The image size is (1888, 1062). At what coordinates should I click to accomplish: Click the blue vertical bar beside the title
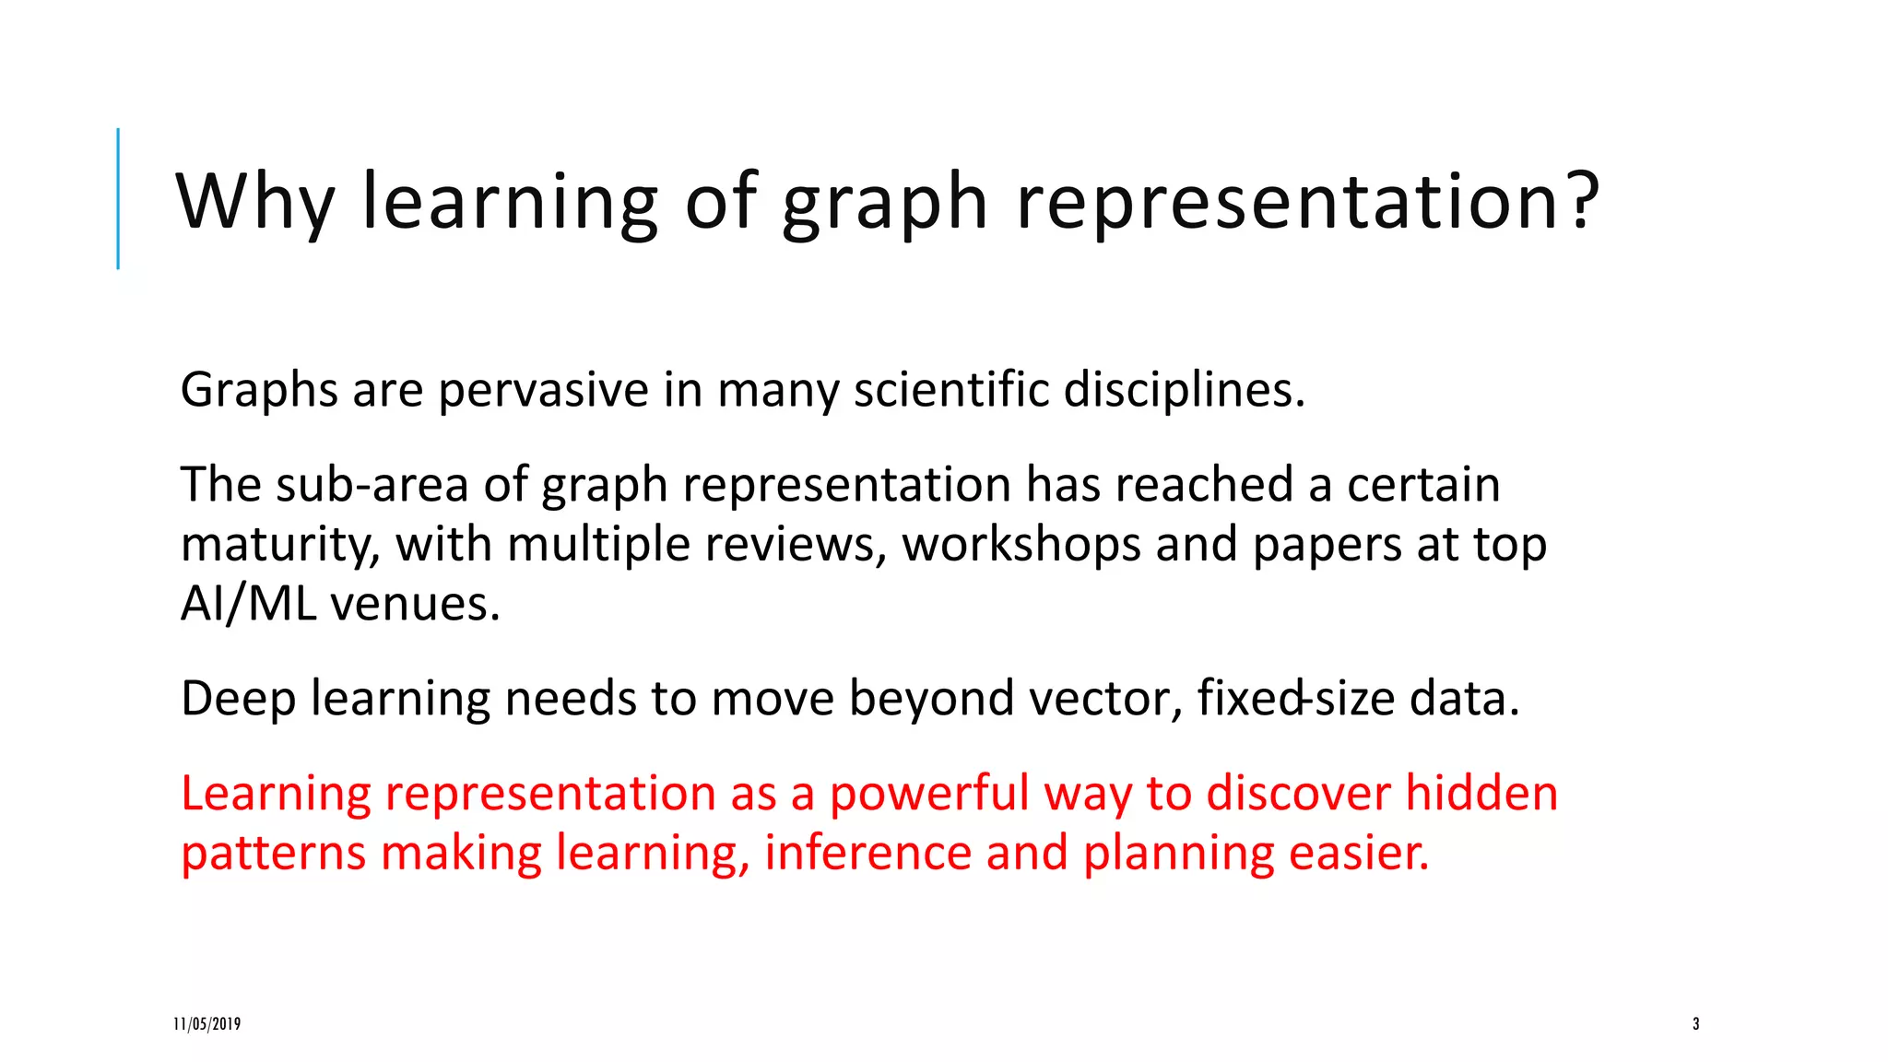[118, 198]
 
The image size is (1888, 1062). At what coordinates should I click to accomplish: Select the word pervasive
[543, 390]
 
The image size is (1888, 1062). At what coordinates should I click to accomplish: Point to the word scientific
[951, 390]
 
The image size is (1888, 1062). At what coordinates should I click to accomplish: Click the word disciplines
[1184, 390]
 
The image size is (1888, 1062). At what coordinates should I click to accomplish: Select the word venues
[415, 605]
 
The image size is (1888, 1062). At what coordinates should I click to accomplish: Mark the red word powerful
[928, 794]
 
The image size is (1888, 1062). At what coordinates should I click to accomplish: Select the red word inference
[867, 854]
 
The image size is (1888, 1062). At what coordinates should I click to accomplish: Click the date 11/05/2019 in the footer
[207, 1024]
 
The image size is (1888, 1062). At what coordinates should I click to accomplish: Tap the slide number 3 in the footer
[1695, 1024]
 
